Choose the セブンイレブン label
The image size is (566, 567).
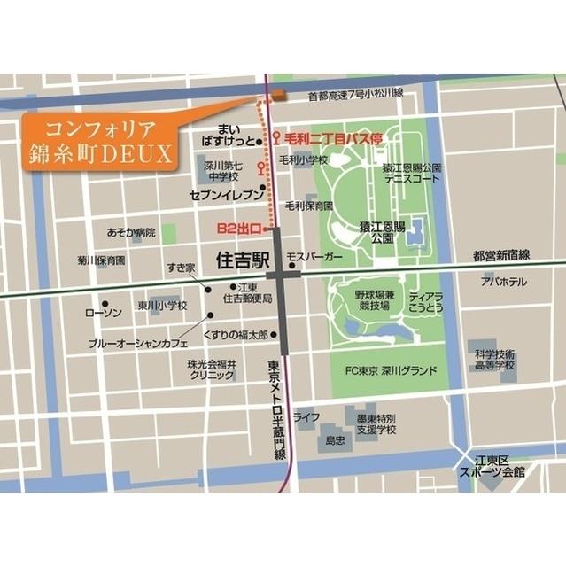(227, 194)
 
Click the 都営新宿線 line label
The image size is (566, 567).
(500, 255)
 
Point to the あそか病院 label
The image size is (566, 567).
(131, 233)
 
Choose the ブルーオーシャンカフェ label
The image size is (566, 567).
(145, 341)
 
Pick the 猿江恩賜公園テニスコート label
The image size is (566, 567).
(412, 173)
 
